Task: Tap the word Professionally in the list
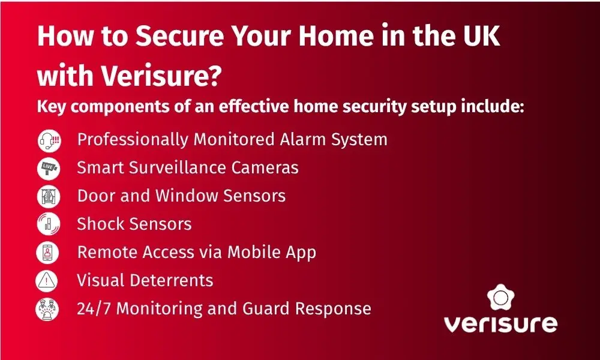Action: click(133, 140)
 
